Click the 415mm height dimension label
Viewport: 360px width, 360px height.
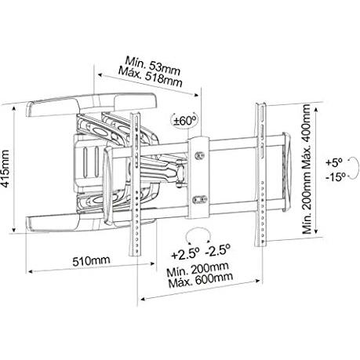[x=5, y=169]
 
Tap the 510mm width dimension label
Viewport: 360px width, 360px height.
[x=91, y=260]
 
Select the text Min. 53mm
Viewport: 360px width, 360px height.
[x=153, y=65]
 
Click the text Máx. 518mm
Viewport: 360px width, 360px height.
[x=150, y=75]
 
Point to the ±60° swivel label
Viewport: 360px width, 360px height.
[x=185, y=121]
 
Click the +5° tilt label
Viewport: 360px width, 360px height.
[x=334, y=162]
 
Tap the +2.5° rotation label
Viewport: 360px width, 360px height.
[x=185, y=253]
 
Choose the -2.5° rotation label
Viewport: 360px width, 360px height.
[x=218, y=250]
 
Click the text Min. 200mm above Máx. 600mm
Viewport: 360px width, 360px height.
[x=198, y=269]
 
